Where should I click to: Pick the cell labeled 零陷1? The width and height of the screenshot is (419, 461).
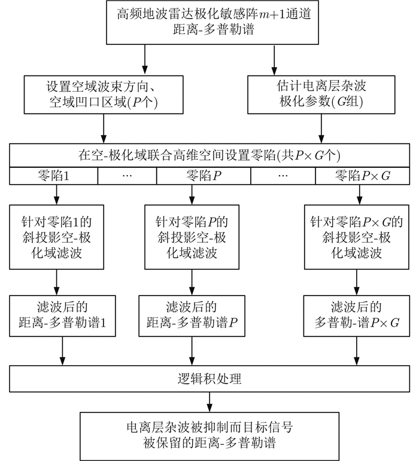point(53,176)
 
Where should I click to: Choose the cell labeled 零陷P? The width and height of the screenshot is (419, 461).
point(204,176)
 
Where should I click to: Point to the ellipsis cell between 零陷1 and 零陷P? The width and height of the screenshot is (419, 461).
point(126,176)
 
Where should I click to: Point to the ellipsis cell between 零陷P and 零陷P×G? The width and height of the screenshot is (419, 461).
point(284,176)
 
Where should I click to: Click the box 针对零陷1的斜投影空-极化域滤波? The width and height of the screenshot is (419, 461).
point(55,237)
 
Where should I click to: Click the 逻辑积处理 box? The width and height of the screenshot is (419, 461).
point(209,379)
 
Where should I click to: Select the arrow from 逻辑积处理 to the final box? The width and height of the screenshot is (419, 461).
point(209,403)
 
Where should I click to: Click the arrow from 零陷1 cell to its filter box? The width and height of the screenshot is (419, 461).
point(55,194)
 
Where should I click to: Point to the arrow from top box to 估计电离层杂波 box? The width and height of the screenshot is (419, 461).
point(274,59)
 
